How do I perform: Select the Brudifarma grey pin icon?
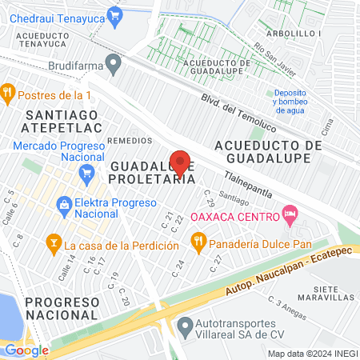(x=114, y=61)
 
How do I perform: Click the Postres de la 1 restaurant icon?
(x=8, y=92)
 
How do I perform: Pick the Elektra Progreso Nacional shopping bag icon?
(x=62, y=205)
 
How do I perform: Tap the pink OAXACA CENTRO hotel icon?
(x=290, y=214)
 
